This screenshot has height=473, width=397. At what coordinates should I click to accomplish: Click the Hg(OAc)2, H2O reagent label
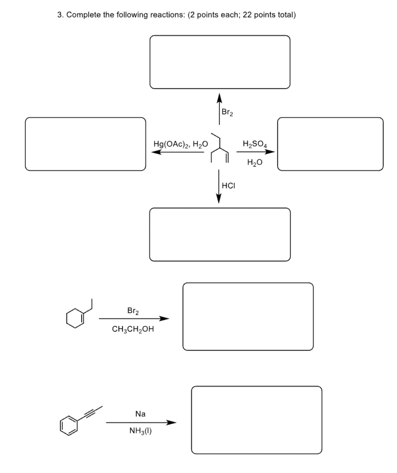pyautogui.click(x=181, y=144)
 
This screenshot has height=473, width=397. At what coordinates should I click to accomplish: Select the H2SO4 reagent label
pyautogui.click(x=255, y=144)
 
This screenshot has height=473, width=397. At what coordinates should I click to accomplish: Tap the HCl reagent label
pyautogui.click(x=228, y=186)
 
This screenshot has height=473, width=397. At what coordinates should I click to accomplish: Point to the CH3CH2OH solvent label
pyautogui.click(x=133, y=329)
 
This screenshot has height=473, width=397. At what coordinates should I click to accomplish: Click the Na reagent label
pyautogui.click(x=140, y=414)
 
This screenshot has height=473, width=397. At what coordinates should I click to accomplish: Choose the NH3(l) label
pyautogui.click(x=140, y=431)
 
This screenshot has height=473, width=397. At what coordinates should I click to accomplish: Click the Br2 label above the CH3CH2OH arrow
pyautogui.click(x=133, y=311)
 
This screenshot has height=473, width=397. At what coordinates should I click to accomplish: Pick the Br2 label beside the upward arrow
pyautogui.click(x=227, y=112)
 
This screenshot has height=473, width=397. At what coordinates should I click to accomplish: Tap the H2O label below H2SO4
pyautogui.click(x=255, y=162)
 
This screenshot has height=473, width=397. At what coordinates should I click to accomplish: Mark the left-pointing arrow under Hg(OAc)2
pyautogui.click(x=178, y=152)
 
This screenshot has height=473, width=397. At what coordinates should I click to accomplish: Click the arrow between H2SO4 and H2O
pyautogui.click(x=255, y=152)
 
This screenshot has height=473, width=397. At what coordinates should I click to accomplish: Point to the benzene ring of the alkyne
pyautogui.click(x=69, y=425)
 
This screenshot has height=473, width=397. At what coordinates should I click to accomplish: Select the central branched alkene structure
pyautogui.click(x=220, y=148)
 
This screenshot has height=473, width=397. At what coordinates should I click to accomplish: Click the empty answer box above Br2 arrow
pyautogui.click(x=220, y=62)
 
